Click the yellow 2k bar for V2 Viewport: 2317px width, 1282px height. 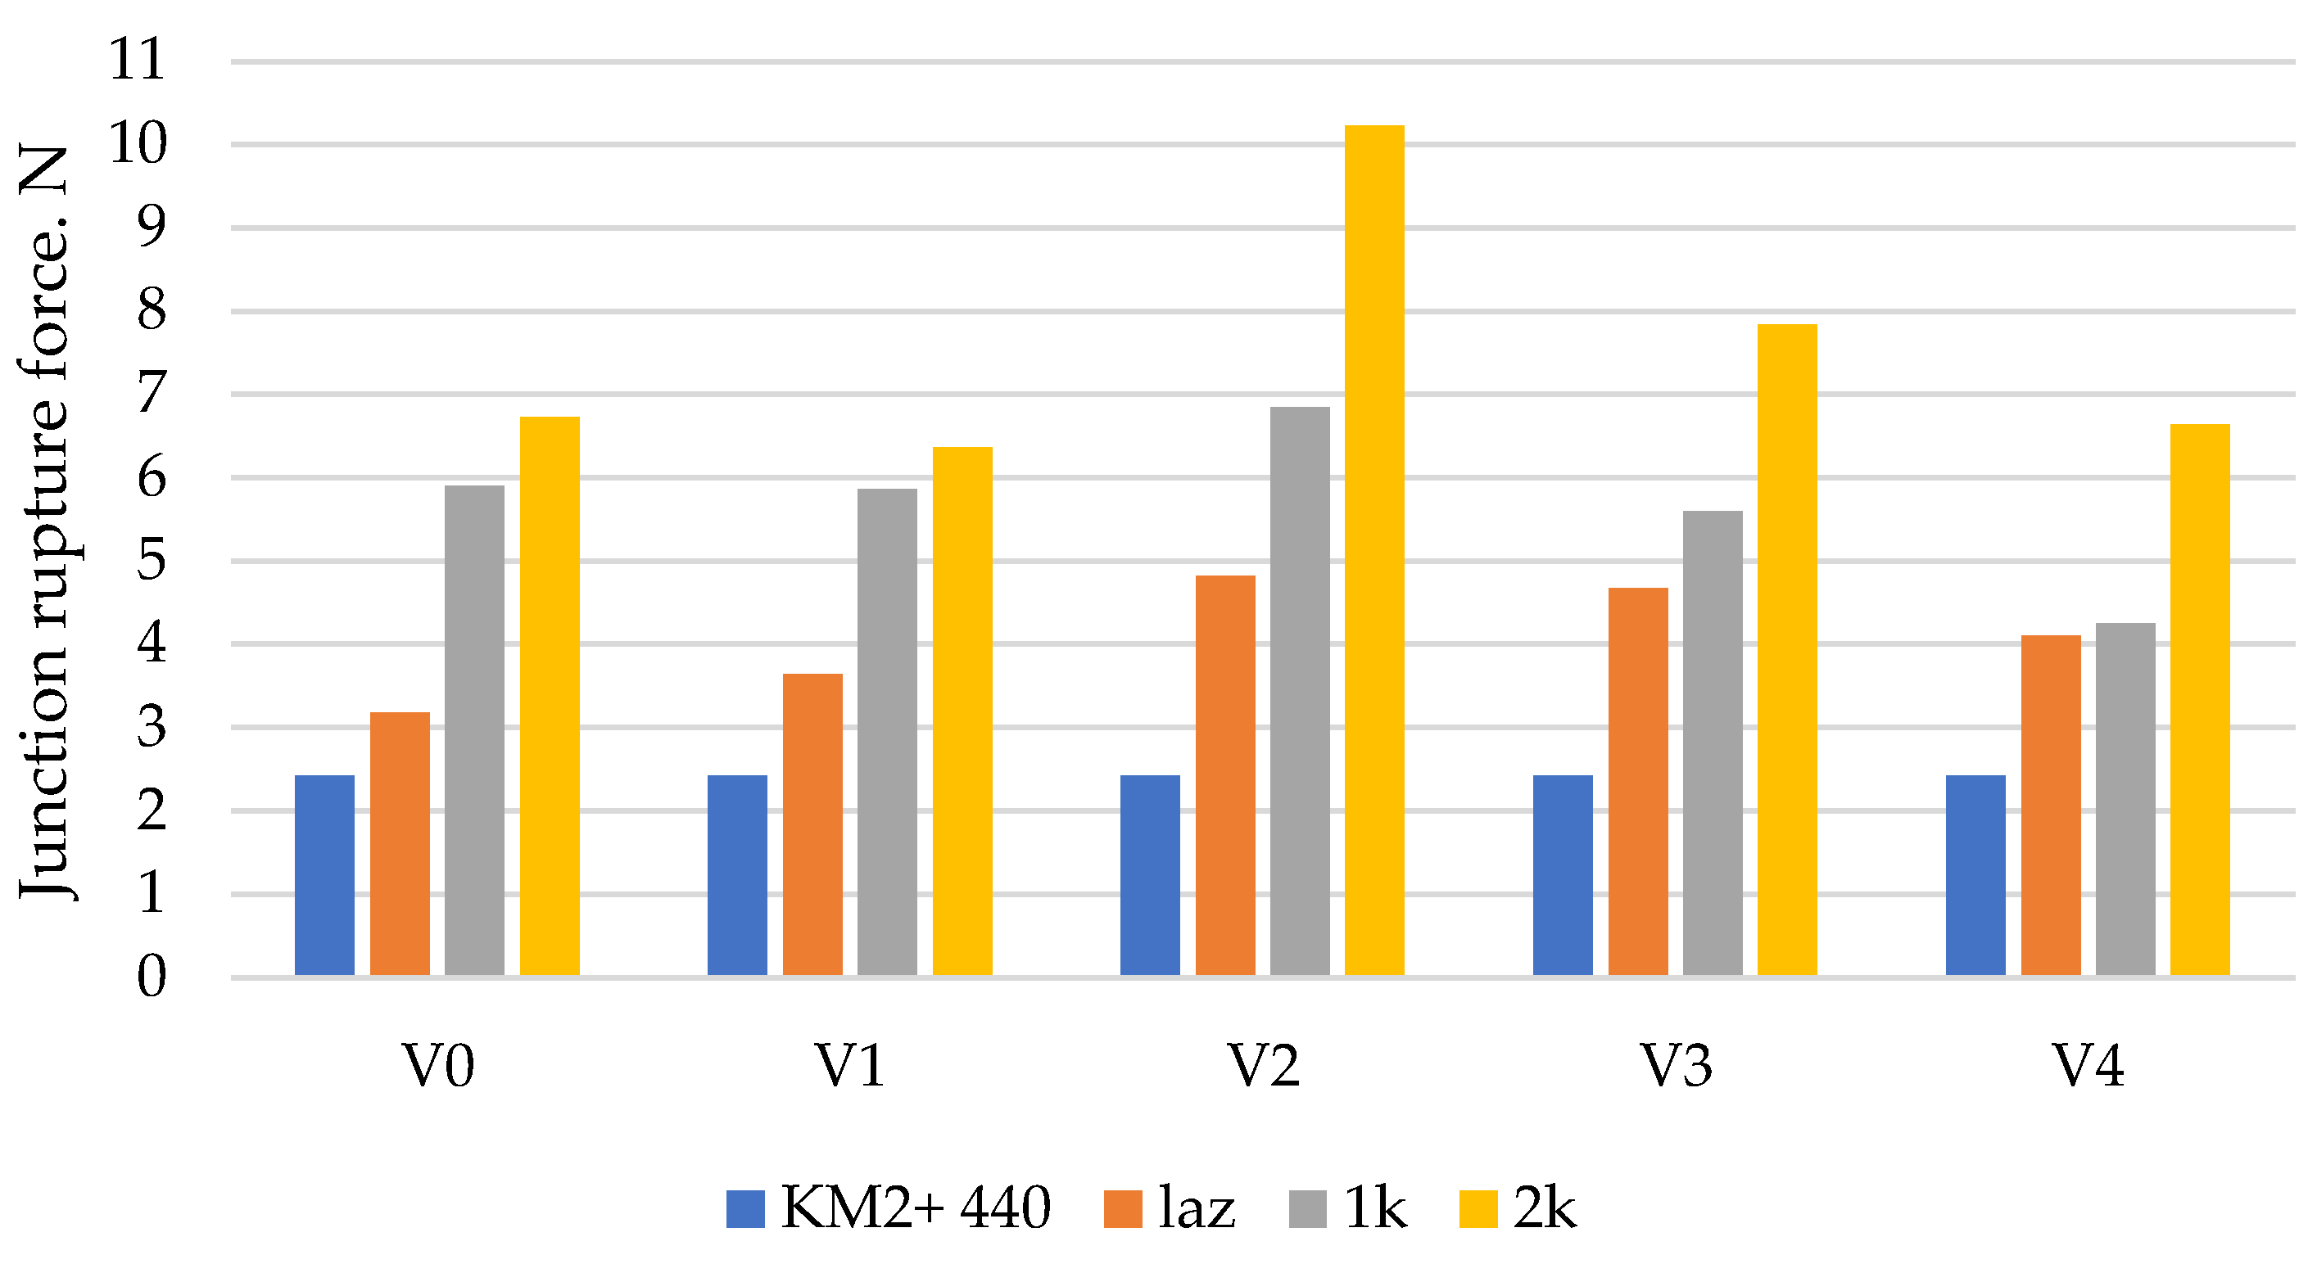click(x=1373, y=550)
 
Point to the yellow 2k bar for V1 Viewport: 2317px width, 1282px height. click(x=962, y=711)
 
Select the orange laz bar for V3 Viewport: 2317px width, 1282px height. click(x=1637, y=781)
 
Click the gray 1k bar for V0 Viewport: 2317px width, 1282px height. click(x=474, y=730)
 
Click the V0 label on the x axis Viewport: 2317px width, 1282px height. click(x=437, y=1066)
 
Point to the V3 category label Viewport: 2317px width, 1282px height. click(x=1676, y=1066)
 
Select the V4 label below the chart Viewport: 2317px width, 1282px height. click(x=2088, y=1066)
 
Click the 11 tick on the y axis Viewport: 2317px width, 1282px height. click(x=137, y=61)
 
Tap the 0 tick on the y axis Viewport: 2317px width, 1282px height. click(x=151, y=977)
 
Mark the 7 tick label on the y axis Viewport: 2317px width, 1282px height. click(x=151, y=394)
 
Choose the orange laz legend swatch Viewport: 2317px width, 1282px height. click(x=1123, y=1208)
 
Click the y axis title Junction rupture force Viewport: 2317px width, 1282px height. click(x=45, y=521)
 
